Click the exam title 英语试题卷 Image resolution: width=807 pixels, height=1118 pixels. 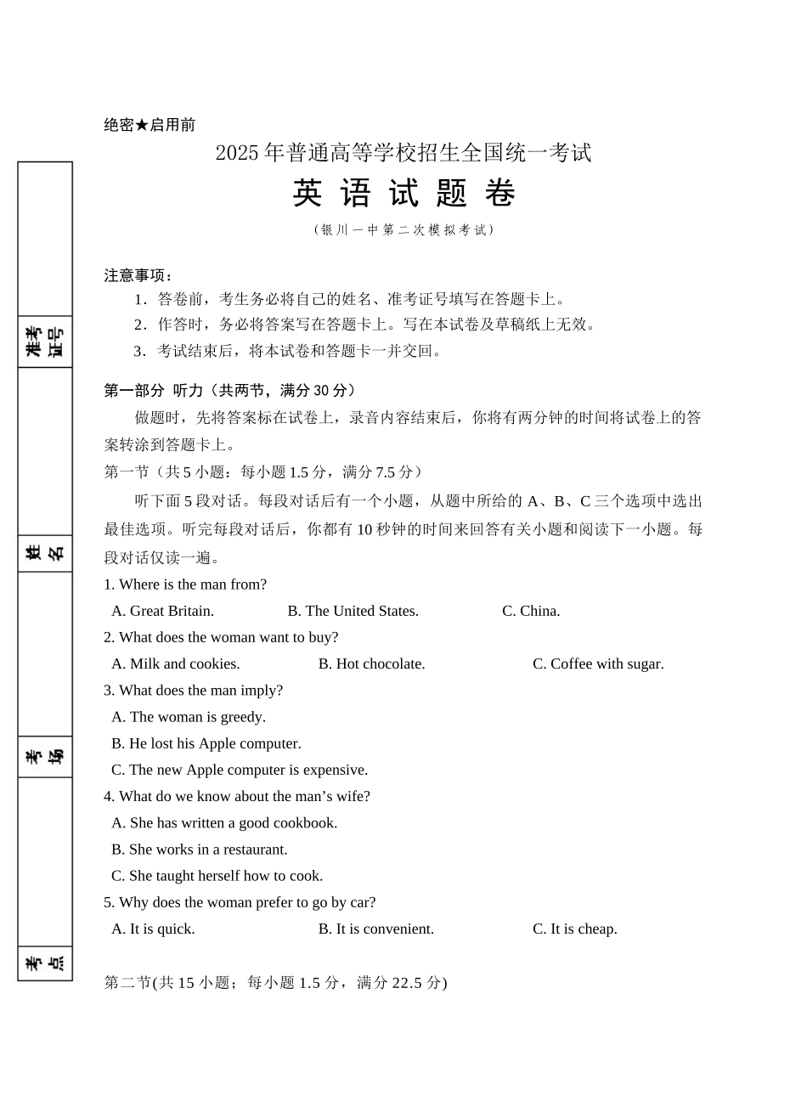[403, 194]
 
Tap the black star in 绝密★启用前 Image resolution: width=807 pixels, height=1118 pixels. [142, 125]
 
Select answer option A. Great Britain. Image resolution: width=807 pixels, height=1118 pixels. [162, 611]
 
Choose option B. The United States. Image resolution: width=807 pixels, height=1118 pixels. [353, 611]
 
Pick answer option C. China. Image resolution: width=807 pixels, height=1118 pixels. [531, 611]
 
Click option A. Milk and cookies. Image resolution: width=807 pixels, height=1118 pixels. [176, 663]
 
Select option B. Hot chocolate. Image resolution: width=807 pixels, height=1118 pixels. [371, 663]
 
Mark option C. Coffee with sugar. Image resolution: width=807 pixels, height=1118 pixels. [598, 663]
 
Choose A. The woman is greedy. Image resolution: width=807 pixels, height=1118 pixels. [189, 717]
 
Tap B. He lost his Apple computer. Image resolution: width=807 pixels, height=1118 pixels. [206, 743]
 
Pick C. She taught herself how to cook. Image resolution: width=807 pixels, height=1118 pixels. [217, 876]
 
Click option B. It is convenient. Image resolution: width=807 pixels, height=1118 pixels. [375, 929]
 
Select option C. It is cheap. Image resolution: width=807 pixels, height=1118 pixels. [574, 929]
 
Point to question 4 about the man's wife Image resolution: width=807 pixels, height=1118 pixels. [237, 796]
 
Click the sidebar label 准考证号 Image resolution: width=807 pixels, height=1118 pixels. [45, 342]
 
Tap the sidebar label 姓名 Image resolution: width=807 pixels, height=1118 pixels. [45, 553]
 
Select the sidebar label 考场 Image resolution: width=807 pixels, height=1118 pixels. [45, 756]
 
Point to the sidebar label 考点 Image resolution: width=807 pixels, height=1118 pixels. [45, 963]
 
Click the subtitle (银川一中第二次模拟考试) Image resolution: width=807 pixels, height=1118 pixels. [403, 229]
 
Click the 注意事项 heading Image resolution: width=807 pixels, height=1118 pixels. [138, 275]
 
